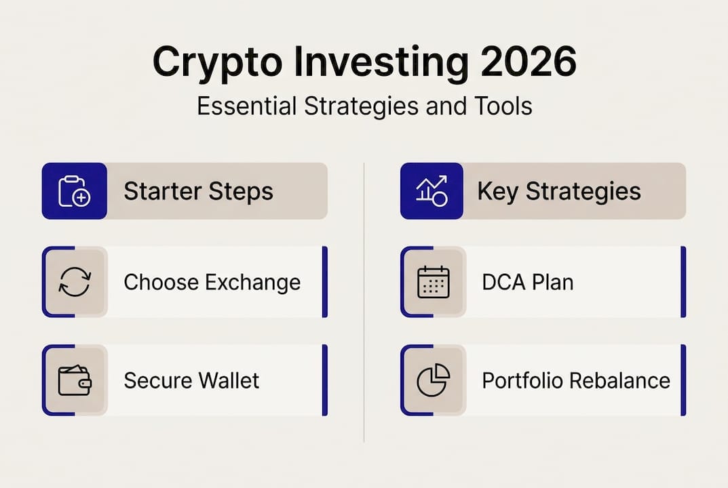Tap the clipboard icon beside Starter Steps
pos(75,191)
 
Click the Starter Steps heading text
pos(198,191)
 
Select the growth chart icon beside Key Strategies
pos(432,191)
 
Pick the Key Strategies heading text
pos(559,191)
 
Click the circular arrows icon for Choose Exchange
pos(75,282)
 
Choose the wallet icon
pos(75,380)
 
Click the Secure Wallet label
pos(191,380)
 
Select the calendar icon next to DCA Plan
pos(433,282)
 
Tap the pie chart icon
pos(433,380)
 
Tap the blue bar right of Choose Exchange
pos(325,282)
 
